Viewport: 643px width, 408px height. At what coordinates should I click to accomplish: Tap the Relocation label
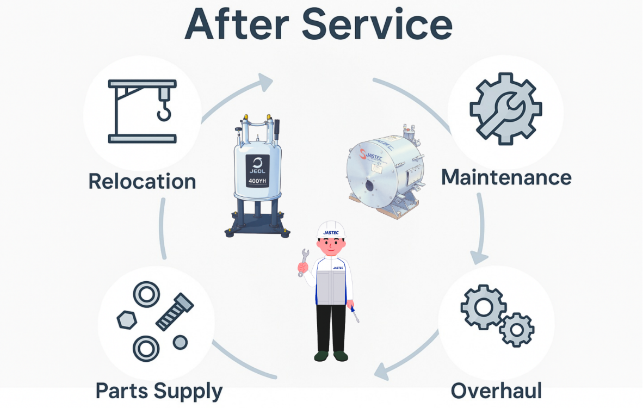pos(143,181)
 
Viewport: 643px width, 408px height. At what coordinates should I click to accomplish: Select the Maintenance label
pos(506,177)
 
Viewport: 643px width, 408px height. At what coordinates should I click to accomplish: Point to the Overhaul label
pos(496,391)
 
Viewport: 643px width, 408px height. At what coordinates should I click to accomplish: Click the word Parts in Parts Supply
pos(121,391)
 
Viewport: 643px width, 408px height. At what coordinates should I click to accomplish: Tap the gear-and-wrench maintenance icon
pos(505,109)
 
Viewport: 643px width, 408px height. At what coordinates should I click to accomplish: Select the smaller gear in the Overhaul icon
pos(516,330)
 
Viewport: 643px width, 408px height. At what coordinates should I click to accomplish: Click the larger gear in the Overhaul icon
pos(484,307)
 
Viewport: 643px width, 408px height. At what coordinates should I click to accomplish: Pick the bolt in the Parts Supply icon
pos(175,312)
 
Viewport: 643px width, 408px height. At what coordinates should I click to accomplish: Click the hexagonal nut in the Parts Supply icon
pos(127,320)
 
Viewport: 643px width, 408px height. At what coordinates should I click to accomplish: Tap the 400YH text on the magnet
pos(257,181)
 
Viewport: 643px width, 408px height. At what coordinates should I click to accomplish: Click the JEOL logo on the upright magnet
pos(257,165)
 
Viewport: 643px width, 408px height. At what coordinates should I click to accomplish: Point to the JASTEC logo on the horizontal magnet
pos(371,155)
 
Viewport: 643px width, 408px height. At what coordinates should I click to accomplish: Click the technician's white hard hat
pos(331,230)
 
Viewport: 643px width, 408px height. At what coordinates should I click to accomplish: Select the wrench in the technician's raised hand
pos(304,262)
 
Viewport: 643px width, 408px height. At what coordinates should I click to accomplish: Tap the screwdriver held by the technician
pos(354,314)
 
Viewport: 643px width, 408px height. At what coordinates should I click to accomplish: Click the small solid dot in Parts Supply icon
pos(180,342)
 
